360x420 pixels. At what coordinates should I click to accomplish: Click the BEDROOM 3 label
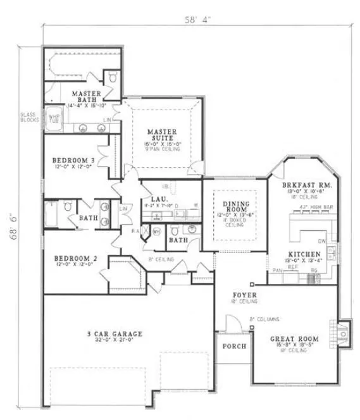[x=74, y=161]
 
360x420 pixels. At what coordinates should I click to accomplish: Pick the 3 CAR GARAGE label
[x=115, y=334]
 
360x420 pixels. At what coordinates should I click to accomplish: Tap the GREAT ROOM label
[x=294, y=339]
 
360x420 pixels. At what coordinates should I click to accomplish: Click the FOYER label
[x=243, y=295]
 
